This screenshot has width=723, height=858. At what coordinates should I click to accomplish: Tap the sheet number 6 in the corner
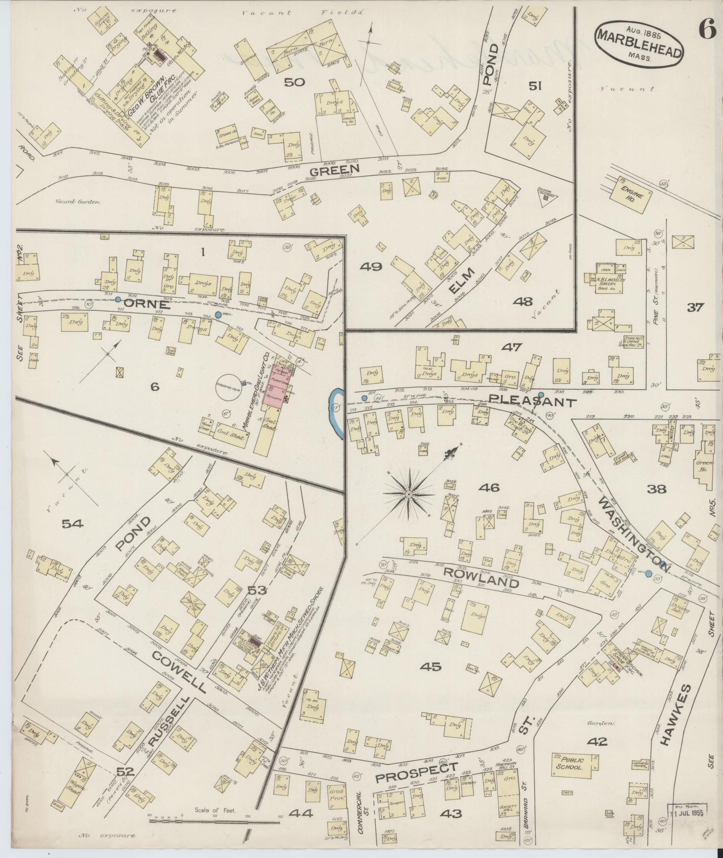(706, 19)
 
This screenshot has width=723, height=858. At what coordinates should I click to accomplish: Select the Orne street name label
(146, 305)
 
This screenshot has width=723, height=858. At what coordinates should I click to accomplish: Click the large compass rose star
(409, 494)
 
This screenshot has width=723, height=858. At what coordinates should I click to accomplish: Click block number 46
(489, 488)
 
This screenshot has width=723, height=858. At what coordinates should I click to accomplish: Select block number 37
(696, 308)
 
